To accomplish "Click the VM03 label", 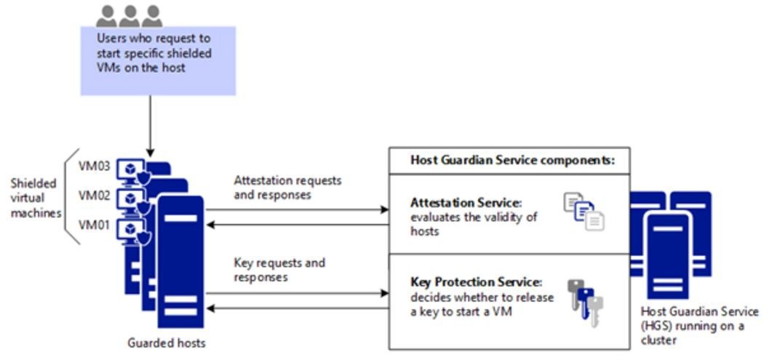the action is (94, 165).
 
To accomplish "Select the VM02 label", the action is (94, 196).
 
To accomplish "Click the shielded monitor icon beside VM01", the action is (132, 231).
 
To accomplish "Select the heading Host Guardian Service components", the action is (509, 161).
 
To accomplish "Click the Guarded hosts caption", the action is (167, 343).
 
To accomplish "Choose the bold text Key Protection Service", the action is (477, 283).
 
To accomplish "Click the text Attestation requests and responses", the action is (287, 188).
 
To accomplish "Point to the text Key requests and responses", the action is (279, 270).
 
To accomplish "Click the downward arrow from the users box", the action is (150, 126).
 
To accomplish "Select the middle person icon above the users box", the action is (130, 16).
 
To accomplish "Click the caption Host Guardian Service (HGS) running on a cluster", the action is (699, 326).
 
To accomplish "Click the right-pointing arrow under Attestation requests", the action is (298, 210).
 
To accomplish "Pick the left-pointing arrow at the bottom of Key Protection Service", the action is (298, 308).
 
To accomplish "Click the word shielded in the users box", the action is (186, 52).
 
